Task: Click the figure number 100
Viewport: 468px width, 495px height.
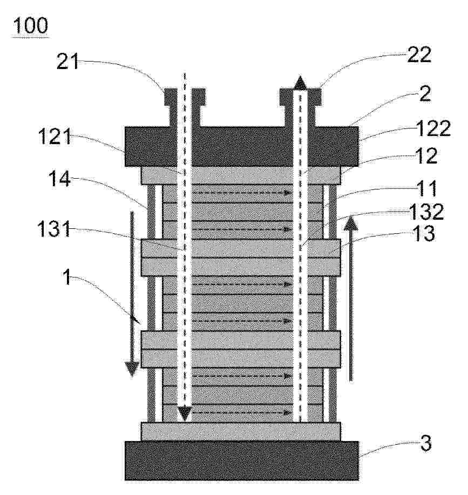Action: pyautogui.click(x=31, y=25)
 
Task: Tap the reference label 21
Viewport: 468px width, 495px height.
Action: pyautogui.click(x=67, y=62)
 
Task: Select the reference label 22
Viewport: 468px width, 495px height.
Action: pyautogui.click(x=419, y=55)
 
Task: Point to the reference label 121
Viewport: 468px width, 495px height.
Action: pyautogui.click(x=55, y=137)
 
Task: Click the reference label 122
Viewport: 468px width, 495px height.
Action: pyautogui.click(x=433, y=129)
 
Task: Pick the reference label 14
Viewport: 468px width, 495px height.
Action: pyautogui.click(x=59, y=179)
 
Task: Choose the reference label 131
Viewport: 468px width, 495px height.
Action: pyautogui.click(x=54, y=228)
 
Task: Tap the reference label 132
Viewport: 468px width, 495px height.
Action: pyautogui.click(x=426, y=212)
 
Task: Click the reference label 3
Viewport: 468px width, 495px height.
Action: pyautogui.click(x=426, y=443)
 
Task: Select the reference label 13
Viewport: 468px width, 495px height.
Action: pyautogui.click(x=424, y=234)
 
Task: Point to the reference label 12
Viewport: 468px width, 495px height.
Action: pyautogui.click(x=426, y=155)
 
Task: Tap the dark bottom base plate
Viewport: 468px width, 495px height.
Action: pyautogui.click(x=242, y=461)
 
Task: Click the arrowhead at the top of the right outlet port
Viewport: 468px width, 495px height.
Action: pyautogui.click(x=301, y=83)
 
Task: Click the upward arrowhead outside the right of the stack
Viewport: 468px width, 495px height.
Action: pyautogui.click(x=351, y=223)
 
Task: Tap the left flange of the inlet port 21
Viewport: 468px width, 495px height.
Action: pyautogui.click(x=171, y=97)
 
